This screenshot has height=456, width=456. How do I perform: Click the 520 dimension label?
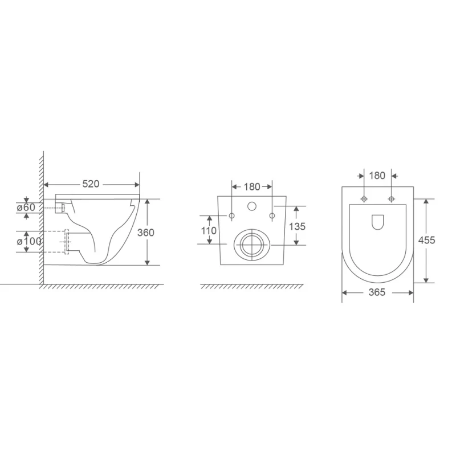91,184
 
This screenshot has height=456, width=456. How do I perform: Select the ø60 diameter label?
26,207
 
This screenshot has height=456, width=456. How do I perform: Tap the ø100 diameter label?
30,241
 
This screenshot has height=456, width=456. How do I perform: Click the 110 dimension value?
209,230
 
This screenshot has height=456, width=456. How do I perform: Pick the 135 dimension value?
296,226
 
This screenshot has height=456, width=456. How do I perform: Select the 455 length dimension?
426,240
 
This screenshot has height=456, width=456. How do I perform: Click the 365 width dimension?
377,292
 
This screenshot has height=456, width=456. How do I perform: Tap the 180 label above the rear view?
251,186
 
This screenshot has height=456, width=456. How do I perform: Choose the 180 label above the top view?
377,176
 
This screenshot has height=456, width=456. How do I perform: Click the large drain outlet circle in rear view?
251,245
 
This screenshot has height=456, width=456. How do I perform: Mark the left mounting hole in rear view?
231,215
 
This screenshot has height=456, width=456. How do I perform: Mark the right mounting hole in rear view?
272,215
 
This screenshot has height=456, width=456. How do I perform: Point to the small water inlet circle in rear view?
251,206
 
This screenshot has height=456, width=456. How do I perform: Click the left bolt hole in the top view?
364,199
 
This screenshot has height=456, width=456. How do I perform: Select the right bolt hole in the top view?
391,199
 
